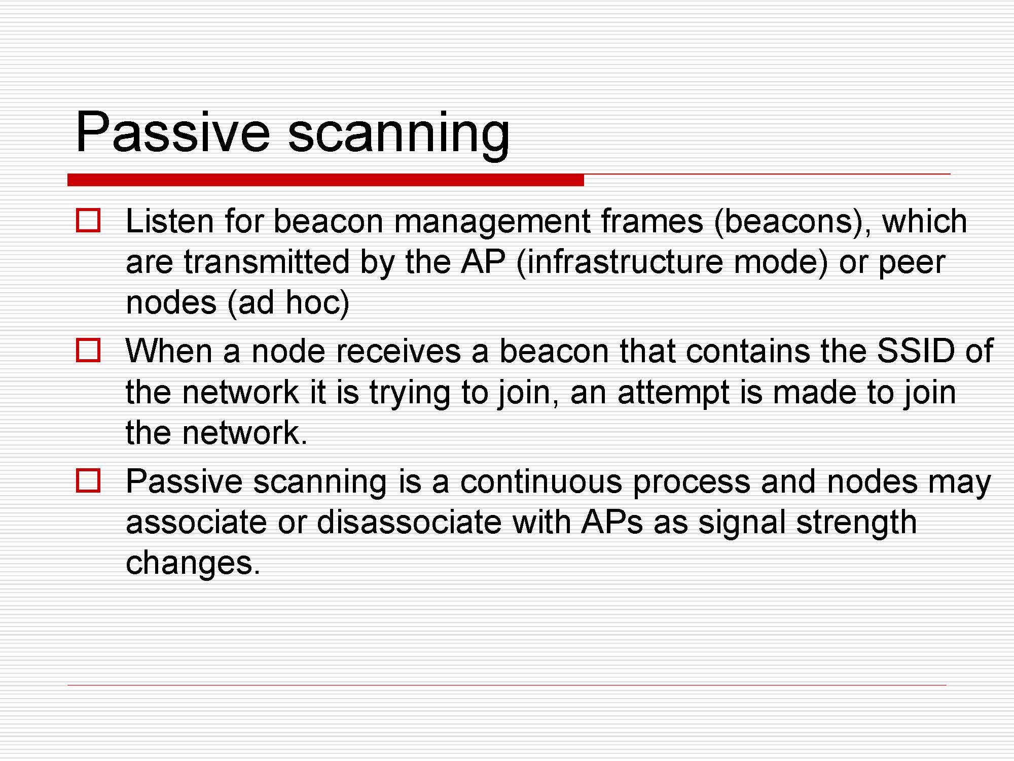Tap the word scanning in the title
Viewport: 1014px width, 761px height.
pos(399,135)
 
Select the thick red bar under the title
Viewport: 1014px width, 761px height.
pos(325,180)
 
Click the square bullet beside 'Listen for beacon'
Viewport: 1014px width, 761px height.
pos(88,220)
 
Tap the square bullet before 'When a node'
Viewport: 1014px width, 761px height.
pos(88,350)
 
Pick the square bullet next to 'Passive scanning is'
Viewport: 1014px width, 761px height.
pos(88,480)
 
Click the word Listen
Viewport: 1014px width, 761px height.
pos(169,221)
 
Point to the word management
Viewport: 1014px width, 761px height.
pos(492,223)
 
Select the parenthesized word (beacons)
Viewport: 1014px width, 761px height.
pos(792,223)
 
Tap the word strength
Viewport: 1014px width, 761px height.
pos(856,524)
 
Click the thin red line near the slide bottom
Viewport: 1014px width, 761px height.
pos(507,685)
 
